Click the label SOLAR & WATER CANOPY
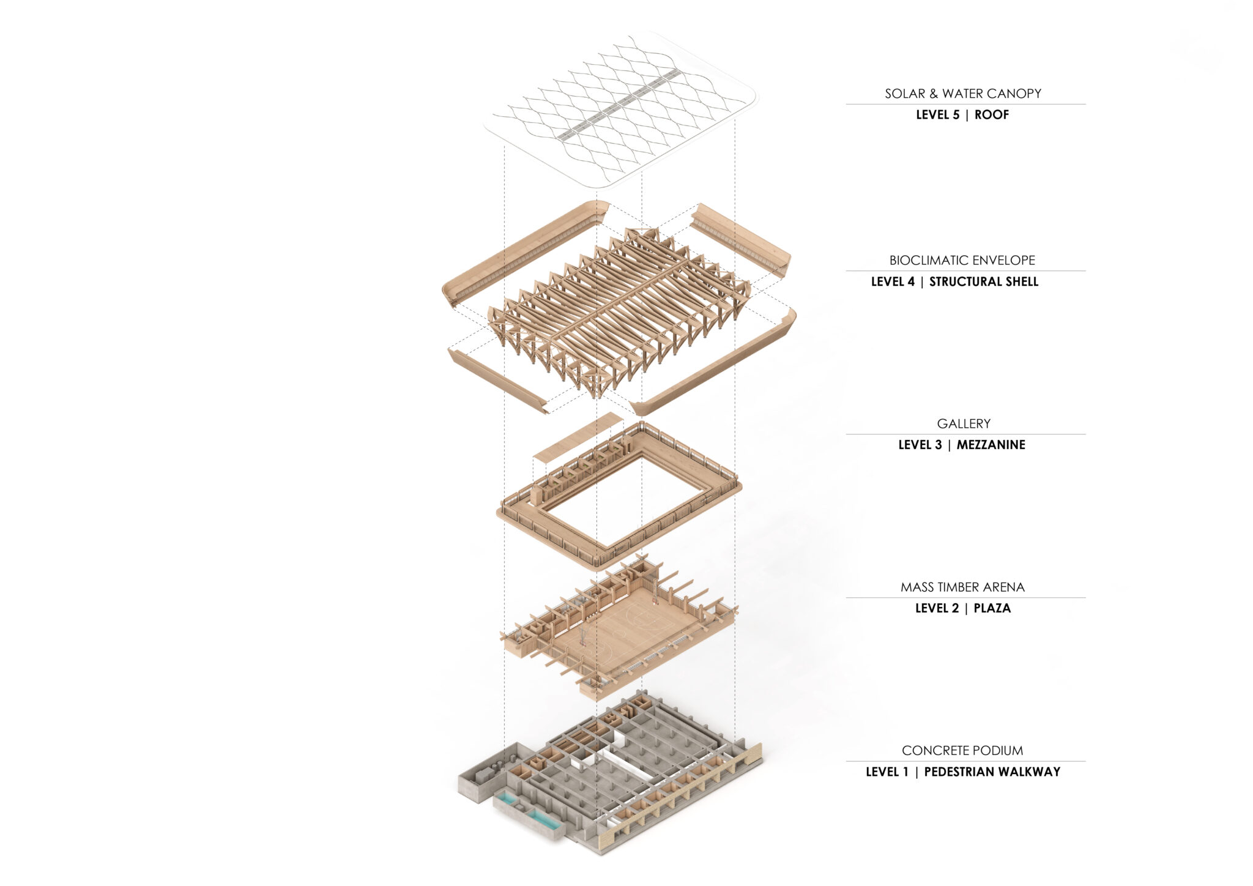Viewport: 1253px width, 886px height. point(962,94)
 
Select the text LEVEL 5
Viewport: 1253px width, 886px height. point(937,115)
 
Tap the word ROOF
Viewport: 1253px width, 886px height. point(991,115)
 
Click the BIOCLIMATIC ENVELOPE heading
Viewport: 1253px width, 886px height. point(962,260)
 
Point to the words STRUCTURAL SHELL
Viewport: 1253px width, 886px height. point(983,282)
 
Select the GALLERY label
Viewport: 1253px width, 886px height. point(963,423)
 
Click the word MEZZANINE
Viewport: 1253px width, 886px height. point(991,445)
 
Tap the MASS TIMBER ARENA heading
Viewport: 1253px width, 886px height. point(962,587)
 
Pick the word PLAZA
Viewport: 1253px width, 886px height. point(992,609)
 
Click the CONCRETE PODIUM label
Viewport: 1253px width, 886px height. point(962,751)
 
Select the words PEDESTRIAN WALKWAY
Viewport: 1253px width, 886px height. point(992,772)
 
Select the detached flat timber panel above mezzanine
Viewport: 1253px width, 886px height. point(578,435)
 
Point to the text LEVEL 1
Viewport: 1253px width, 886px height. point(887,772)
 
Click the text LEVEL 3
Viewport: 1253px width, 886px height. point(920,445)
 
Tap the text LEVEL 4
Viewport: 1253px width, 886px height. point(893,282)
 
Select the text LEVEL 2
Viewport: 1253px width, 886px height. point(937,609)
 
